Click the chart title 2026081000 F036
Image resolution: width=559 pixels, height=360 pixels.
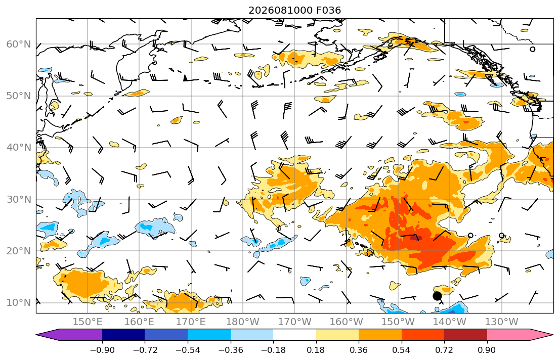click(x=294, y=10)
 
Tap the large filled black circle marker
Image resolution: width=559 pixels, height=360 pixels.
click(x=437, y=296)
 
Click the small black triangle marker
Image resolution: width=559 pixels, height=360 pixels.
click(x=185, y=78)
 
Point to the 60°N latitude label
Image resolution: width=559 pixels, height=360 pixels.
click(x=19, y=44)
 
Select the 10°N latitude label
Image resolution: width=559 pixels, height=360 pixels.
click(x=19, y=303)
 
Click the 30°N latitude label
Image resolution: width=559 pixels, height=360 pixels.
click(x=19, y=199)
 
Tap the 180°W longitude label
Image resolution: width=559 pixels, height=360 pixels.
click(x=243, y=322)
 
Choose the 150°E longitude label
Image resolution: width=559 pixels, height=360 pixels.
click(x=88, y=322)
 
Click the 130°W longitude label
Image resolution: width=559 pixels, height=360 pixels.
click(x=502, y=322)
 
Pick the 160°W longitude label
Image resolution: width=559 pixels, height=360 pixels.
click(x=346, y=322)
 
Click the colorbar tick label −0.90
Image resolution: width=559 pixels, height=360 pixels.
click(x=102, y=350)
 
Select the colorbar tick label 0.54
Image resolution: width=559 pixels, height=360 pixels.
click(x=402, y=350)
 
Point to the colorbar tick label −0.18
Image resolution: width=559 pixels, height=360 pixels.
click(x=273, y=350)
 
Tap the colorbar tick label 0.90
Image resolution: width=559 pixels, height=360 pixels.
click(x=487, y=350)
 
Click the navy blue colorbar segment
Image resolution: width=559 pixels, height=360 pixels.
click(x=123, y=335)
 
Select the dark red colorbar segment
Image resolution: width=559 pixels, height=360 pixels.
click(x=465, y=335)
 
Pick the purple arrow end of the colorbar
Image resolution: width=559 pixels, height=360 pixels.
click(x=69, y=335)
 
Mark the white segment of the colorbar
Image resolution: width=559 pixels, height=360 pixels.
click(x=294, y=335)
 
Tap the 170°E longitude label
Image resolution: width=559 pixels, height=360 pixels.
click(x=191, y=322)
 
